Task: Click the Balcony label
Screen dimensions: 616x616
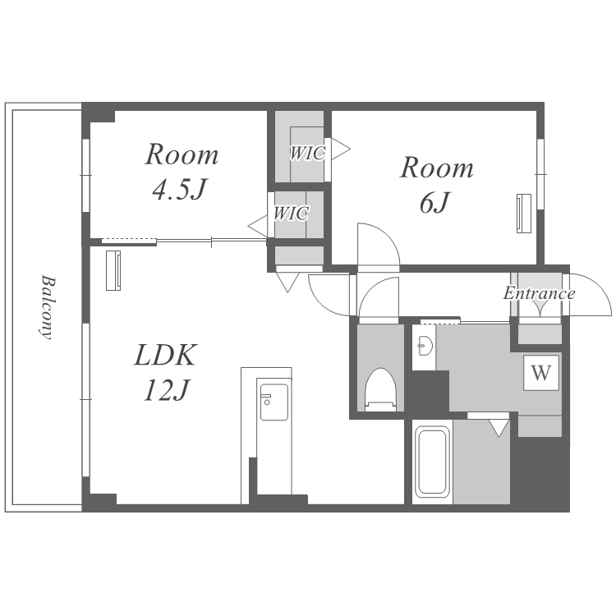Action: [47, 307]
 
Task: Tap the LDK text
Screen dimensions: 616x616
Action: [164, 355]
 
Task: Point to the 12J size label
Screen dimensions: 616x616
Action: [167, 390]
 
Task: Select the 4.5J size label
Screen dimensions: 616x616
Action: [179, 189]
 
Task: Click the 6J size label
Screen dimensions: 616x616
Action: [434, 202]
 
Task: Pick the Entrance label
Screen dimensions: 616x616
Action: [539, 293]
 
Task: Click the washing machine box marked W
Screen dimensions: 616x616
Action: [541, 372]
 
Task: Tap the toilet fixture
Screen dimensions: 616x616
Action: [380, 389]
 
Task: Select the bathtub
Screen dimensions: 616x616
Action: [432, 462]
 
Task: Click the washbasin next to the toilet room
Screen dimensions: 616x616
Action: [425, 346]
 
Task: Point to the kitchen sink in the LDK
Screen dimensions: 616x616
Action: [274, 402]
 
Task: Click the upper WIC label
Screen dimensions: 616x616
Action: [308, 154]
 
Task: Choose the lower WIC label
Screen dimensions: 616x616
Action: [291, 214]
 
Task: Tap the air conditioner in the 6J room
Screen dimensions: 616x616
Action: [523, 214]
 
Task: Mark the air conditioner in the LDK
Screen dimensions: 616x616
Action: [113, 270]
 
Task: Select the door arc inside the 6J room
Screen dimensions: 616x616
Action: [388, 237]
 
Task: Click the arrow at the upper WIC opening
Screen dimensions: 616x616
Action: [340, 149]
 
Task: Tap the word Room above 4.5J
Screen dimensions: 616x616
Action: [182, 154]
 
